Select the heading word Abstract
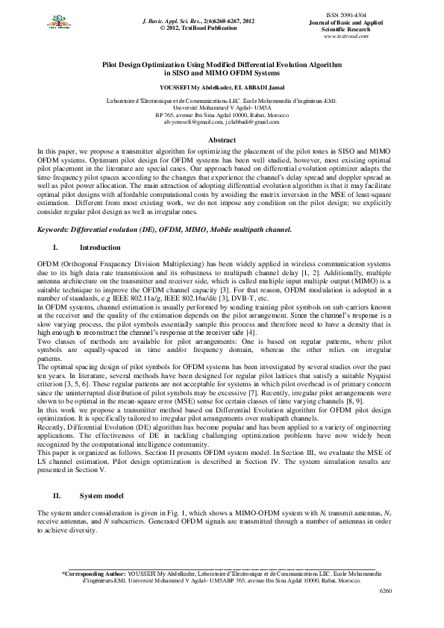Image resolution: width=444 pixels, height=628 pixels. (222, 140)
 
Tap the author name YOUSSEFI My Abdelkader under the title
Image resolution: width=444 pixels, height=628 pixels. (194, 87)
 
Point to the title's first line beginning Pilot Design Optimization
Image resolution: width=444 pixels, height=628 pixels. (222, 66)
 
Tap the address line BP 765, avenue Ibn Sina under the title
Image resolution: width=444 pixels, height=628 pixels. (222, 115)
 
